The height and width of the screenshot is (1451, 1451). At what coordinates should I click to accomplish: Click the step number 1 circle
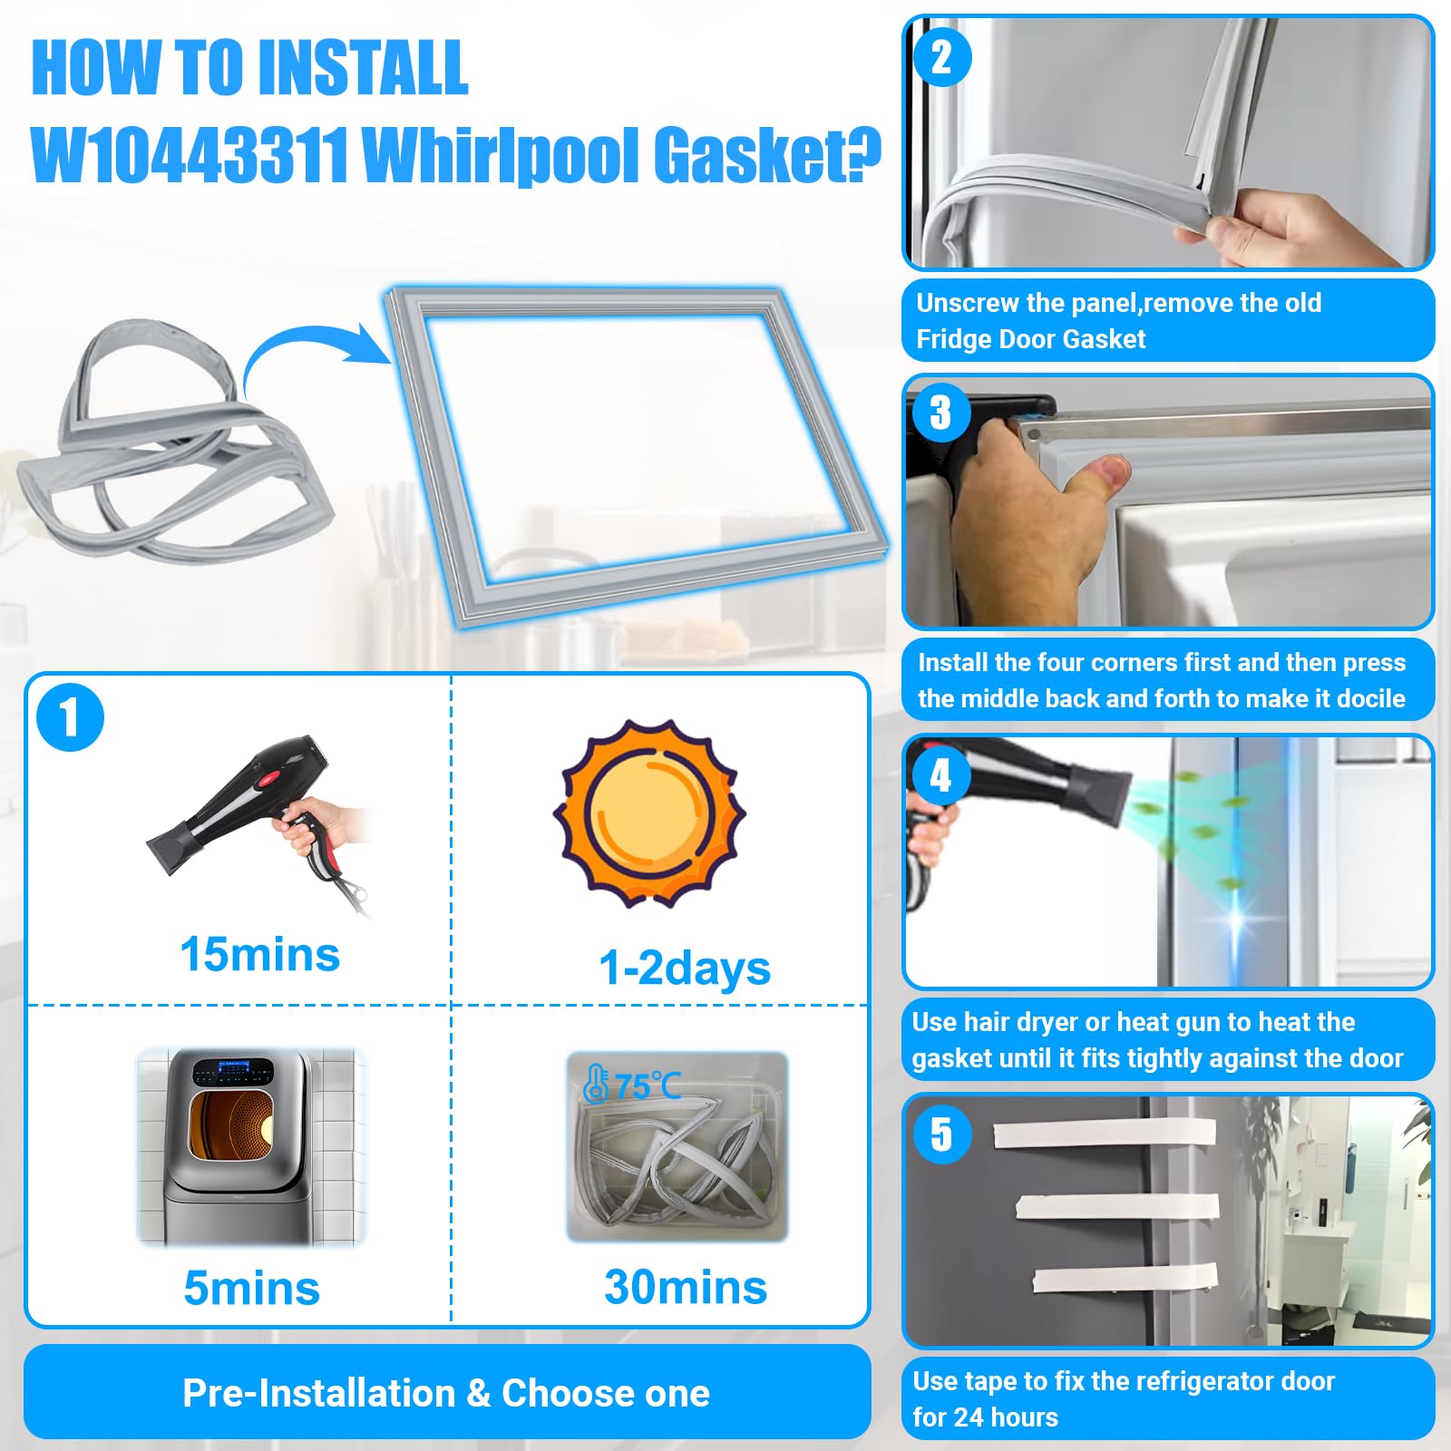tap(70, 717)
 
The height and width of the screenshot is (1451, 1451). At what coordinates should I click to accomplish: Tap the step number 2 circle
tap(941, 57)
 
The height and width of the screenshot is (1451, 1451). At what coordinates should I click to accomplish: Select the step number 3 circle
tap(941, 413)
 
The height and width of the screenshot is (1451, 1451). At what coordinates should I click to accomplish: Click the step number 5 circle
tap(941, 1134)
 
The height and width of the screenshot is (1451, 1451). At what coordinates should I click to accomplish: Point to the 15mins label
tap(259, 955)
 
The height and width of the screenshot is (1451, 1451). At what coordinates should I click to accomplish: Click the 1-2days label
tap(684, 968)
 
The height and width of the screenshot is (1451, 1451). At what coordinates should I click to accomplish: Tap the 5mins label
tap(251, 1288)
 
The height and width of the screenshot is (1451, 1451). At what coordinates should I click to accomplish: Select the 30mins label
tap(685, 1287)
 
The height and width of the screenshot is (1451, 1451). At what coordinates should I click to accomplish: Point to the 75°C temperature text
tap(646, 1086)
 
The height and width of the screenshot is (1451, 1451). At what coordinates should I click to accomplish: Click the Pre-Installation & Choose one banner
tap(446, 1393)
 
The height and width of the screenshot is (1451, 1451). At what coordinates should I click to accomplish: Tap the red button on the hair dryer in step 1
tap(270, 777)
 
